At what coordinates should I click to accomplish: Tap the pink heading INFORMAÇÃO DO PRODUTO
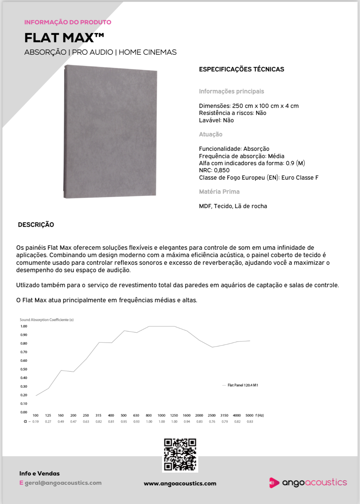click(68, 22)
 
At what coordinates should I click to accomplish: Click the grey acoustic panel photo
click(110, 132)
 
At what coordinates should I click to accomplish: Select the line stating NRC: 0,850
click(214, 170)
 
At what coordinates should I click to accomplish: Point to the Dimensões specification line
click(249, 106)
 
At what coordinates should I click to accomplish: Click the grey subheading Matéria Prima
click(219, 192)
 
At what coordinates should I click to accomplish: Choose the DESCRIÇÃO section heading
click(36, 225)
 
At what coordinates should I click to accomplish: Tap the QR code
click(180, 455)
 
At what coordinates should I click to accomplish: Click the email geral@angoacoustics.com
click(63, 483)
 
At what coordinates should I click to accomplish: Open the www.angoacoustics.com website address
click(180, 484)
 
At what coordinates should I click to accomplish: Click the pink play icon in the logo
click(274, 483)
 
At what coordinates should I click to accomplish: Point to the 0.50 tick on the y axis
click(24, 369)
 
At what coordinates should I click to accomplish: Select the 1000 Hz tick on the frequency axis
click(161, 415)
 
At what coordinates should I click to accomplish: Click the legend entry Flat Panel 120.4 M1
click(243, 385)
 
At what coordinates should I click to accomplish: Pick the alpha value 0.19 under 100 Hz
click(36, 422)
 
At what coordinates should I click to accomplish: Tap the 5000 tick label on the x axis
click(249, 415)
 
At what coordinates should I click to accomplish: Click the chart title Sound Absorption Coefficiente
click(47, 320)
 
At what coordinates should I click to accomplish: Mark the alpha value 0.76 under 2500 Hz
click(212, 422)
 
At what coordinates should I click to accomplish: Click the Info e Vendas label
click(39, 474)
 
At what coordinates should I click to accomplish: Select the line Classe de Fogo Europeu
click(259, 178)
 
